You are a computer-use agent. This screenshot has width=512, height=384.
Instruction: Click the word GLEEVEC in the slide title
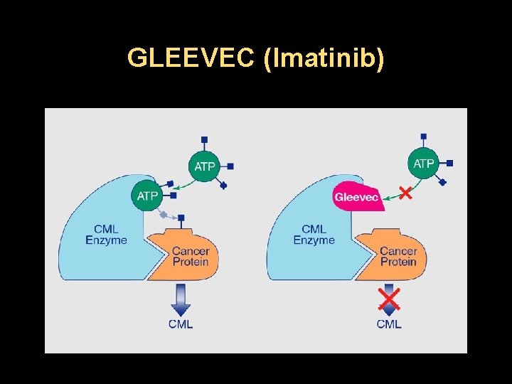[x=191, y=58]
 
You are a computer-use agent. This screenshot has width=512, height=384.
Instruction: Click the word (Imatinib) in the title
[x=324, y=58]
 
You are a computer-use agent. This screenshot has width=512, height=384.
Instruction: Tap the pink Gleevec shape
[x=357, y=196]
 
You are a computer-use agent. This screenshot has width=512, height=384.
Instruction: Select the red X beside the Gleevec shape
[x=405, y=192]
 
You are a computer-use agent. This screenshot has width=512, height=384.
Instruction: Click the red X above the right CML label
[x=388, y=299]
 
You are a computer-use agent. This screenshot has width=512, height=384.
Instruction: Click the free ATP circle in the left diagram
[x=205, y=166]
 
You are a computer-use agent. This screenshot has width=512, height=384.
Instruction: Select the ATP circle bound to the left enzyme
[x=148, y=196]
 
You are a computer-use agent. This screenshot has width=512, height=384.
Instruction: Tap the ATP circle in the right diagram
[x=424, y=164]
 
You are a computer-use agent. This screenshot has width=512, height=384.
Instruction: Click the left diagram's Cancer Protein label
[x=191, y=256]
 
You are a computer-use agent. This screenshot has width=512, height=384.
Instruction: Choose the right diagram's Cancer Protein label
[x=398, y=256]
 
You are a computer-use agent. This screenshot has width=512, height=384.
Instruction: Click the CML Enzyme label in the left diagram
[x=106, y=234]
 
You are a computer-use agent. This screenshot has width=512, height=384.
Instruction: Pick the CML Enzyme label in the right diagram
[x=314, y=234]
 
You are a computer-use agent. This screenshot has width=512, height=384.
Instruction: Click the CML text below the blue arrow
[x=181, y=324]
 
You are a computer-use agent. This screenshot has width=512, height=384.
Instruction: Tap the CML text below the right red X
[x=389, y=324]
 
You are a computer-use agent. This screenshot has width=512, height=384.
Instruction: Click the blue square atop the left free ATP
[x=205, y=139]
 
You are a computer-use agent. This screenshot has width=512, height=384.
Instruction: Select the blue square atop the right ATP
[x=424, y=136]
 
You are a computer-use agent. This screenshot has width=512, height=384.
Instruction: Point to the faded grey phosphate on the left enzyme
[x=164, y=214]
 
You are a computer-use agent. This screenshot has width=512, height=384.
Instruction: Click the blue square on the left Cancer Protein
[x=181, y=218]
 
